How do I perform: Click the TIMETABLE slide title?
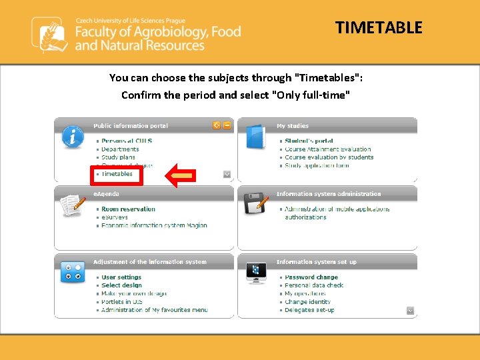(x=379, y=27)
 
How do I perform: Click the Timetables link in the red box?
(x=117, y=174)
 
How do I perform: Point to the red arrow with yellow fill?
(x=180, y=175)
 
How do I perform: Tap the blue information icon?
(x=72, y=136)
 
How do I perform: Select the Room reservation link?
(x=128, y=209)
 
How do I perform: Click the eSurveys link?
(x=115, y=217)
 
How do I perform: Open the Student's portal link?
(x=309, y=141)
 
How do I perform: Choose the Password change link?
(x=311, y=277)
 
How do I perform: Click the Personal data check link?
(x=314, y=285)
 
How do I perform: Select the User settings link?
(x=121, y=277)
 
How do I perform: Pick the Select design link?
(x=121, y=285)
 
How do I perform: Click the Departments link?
(x=120, y=149)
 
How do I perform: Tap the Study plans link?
(x=118, y=157)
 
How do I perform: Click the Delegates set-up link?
(x=309, y=310)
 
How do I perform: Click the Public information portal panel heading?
(x=131, y=125)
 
